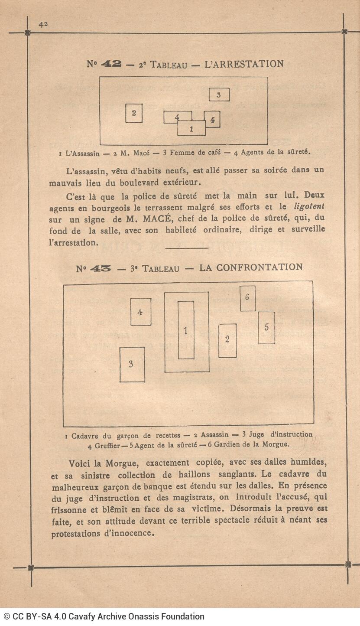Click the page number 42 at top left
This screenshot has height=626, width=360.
[x=43, y=25]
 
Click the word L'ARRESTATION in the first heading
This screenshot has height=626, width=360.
[x=243, y=64]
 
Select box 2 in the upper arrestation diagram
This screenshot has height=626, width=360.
[x=134, y=113]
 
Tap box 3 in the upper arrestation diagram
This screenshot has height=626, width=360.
[x=219, y=95]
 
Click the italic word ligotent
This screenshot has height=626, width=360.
[x=309, y=207]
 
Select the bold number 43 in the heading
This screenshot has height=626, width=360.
[x=100, y=269]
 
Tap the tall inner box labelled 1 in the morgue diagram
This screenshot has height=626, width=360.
[x=186, y=330]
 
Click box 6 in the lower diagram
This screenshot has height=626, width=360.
[x=247, y=298]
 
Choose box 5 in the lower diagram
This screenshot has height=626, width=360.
[x=266, y=328]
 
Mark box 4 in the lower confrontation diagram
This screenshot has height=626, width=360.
[x=141, y=312]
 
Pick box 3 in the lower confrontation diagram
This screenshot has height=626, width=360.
[x=132, y=365]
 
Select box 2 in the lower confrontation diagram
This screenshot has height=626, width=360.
[x=227, y=340]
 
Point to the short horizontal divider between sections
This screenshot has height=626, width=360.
[x=187, y=248]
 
